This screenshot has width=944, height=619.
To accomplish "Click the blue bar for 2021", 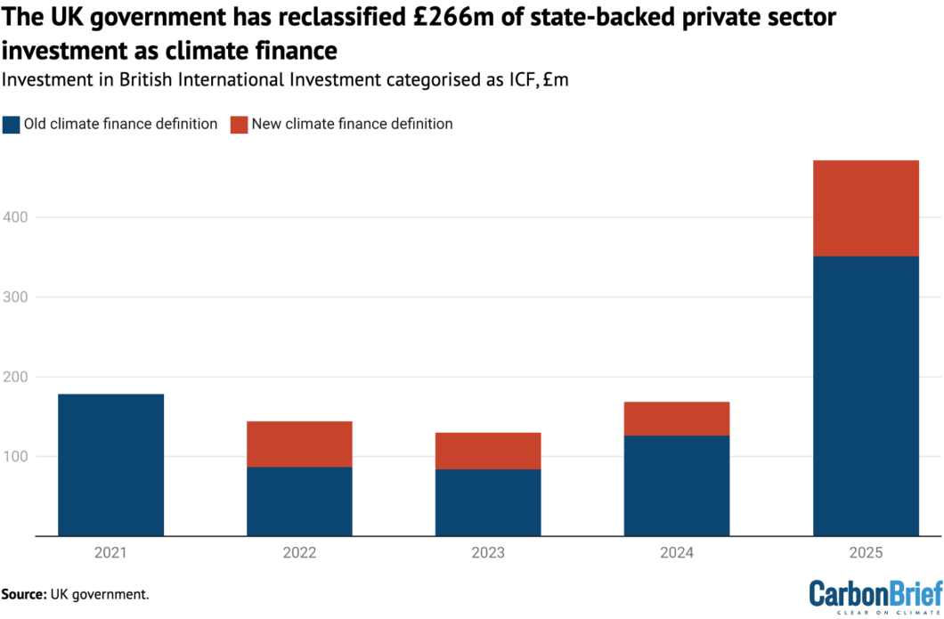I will click(111, 464).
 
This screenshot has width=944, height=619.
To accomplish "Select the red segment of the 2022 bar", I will click(299, 444).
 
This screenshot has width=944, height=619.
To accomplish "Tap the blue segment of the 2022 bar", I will click(299, 501).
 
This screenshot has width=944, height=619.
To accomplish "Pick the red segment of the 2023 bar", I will click(488, 451).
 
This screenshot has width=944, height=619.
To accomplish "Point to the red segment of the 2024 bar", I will click(677, 419).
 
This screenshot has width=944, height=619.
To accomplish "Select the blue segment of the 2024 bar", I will click(677, 485).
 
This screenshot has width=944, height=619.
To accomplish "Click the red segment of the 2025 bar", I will click(866, 208).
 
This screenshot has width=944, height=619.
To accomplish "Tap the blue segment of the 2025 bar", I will click(866, 396).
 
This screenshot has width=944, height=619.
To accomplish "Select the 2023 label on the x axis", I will click(488, 553).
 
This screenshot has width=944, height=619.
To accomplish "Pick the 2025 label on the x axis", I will click(866, 553).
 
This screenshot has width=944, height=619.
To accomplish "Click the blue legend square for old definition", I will click(11, 124).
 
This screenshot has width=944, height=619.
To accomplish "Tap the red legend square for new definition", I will click(239, 124).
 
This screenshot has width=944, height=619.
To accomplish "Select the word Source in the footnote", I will click(25, 593).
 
